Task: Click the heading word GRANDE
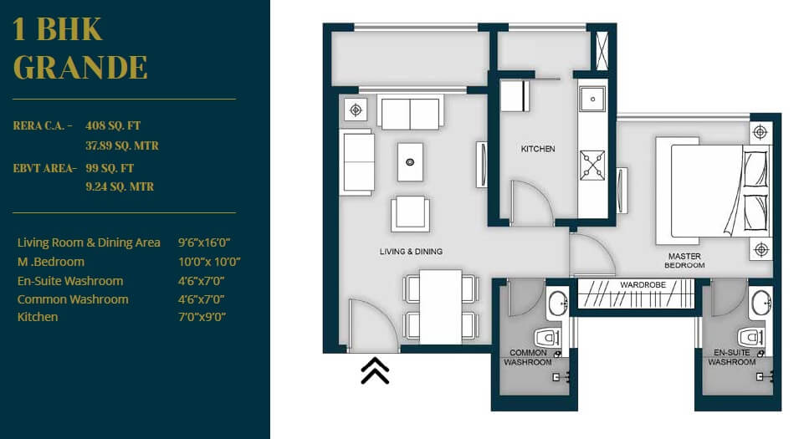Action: pyautogui.click(x=80, y=67)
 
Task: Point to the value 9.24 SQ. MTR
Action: pyautogui.click(x=120, y=186)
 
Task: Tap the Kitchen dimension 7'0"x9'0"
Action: pyautogui.click(x=202, y=317)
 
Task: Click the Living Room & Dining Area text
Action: pyautogui.click(x=89, y=242)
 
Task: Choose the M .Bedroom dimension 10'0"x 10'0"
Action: pyautogui.click(x=204, y=262)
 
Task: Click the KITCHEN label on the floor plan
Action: pyautogui.click(x=538, y=149)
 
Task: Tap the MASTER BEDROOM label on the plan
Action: pyautogui.click(x=684, y=260)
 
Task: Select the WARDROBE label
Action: pyautogui.click(x=643, y=285)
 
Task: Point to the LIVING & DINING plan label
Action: pyautogui.click(x=411, y=251)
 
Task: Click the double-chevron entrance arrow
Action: pyautogui.click(x=375, y=370)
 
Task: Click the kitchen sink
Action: pyautogui.click(x=592, y=100)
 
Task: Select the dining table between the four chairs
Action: pyautogui.click(x=440, y=307)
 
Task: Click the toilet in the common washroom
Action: pyautogui.click(x=546, y=338)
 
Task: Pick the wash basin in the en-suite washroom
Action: pyautogui.click(x=761, y=302)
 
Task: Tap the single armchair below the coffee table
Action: pyautogui.click(x=410, y=213)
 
